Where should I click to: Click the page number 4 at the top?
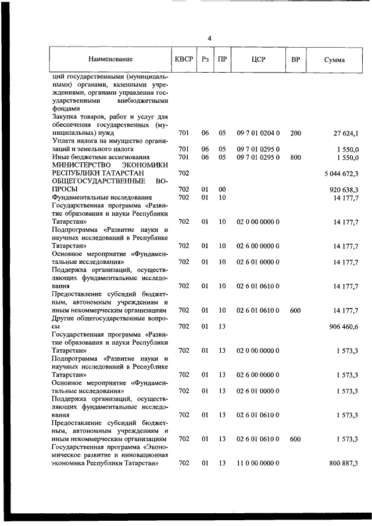point(209,38)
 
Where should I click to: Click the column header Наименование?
point(110,59)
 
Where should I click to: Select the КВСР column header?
point(184,59)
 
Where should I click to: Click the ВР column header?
point(295,59)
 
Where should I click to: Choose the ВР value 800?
point(295,157)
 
